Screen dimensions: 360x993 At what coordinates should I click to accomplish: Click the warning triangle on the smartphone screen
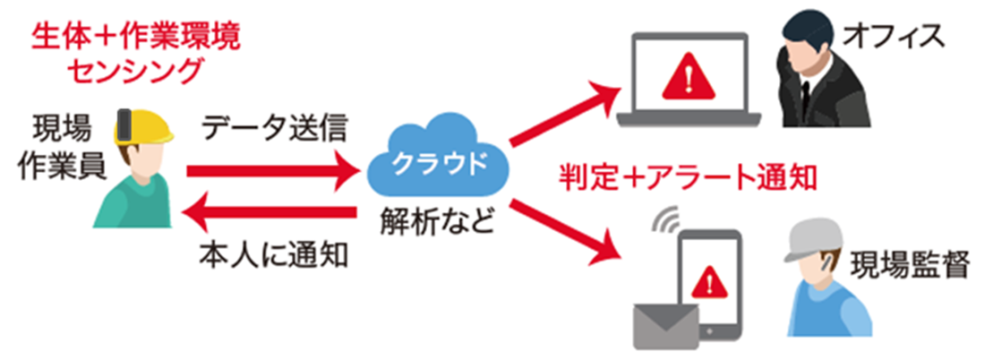710,279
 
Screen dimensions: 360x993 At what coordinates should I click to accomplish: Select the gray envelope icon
666,324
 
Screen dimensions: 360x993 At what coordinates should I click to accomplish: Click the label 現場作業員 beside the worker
62,148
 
